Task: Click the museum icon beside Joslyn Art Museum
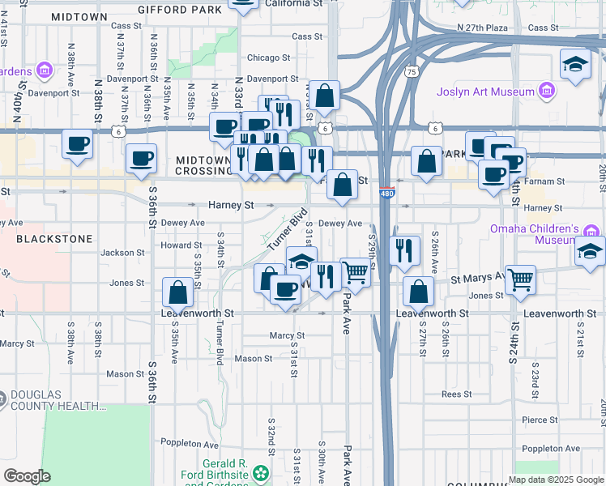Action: click(x=547, y=91)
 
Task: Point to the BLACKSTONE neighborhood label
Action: click(x=54, y=240)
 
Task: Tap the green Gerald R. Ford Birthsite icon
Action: click(x=260, y=471)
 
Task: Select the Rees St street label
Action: click(x=457, y=394)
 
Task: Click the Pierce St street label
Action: click(x=538, y=420)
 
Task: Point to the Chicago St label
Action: click(x=268, y=58)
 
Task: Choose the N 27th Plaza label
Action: click(x=481, y=28)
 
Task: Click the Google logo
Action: click(x=27, y=476)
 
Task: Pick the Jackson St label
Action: click(x=122, y=253)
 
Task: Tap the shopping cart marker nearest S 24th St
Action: click(x=521, y=279)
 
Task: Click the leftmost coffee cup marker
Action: click(x=78, y=144)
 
